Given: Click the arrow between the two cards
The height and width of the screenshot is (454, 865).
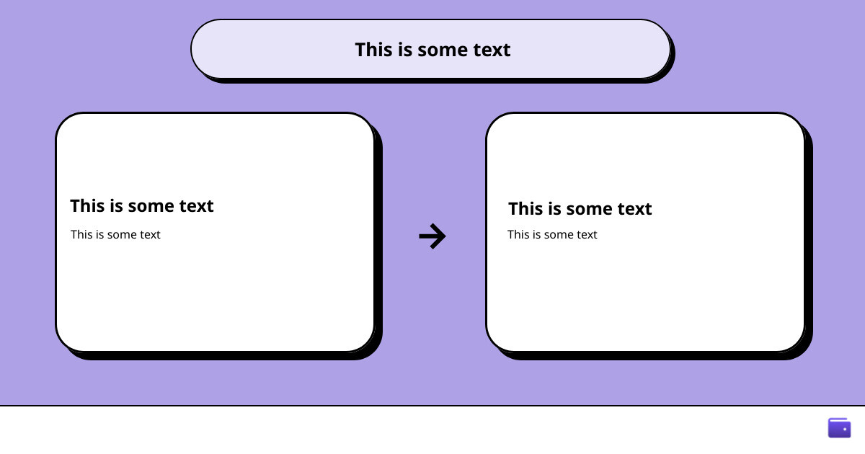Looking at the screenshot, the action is [432, 236].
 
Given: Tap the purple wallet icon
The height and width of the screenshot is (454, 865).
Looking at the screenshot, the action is [839, 428].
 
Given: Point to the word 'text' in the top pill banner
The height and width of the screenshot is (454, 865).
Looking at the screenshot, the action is [492, 50].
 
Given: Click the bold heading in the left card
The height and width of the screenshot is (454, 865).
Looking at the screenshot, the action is [142, 206].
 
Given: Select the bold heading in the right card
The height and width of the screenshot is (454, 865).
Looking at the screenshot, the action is [580, 208].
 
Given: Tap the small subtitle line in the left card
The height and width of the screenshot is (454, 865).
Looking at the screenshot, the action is [115, 234].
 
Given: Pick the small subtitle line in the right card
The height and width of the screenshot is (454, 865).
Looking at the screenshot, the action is [552, 234].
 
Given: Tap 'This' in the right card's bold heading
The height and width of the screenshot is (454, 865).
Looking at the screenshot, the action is [525, 208].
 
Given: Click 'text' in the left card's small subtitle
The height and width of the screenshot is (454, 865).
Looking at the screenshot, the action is [150, 234].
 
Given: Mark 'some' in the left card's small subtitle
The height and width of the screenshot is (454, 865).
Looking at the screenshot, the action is [121, 235].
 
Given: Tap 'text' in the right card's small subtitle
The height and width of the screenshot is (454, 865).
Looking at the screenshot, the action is [587, 234].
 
